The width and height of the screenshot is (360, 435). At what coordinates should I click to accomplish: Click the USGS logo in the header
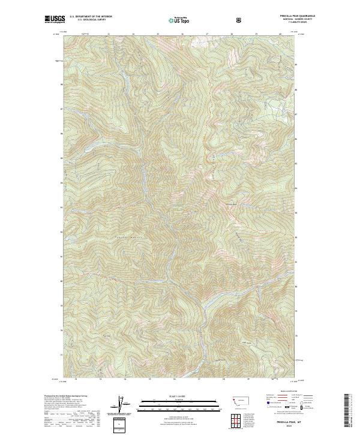coord(56,20)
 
